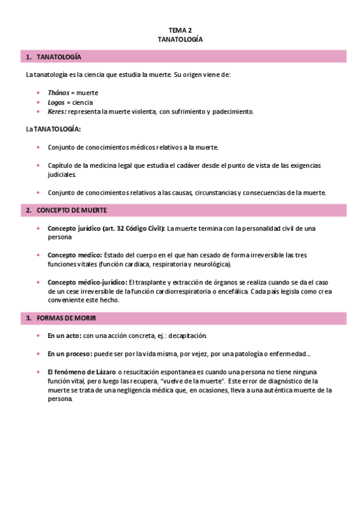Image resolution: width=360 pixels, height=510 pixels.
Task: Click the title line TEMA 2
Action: tap(180, 29)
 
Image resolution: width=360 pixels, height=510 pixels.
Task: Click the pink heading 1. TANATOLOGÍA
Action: tap(59, 57)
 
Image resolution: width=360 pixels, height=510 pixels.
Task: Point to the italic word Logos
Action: tap(56, 102)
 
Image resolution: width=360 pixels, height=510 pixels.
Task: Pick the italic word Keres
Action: tap(56, 111)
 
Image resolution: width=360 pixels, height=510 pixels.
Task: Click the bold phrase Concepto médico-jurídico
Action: tap(87, 282)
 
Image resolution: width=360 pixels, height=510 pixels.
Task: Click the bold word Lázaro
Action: tap(105, 372)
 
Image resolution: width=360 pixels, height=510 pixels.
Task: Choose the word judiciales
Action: tap(62, 174)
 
